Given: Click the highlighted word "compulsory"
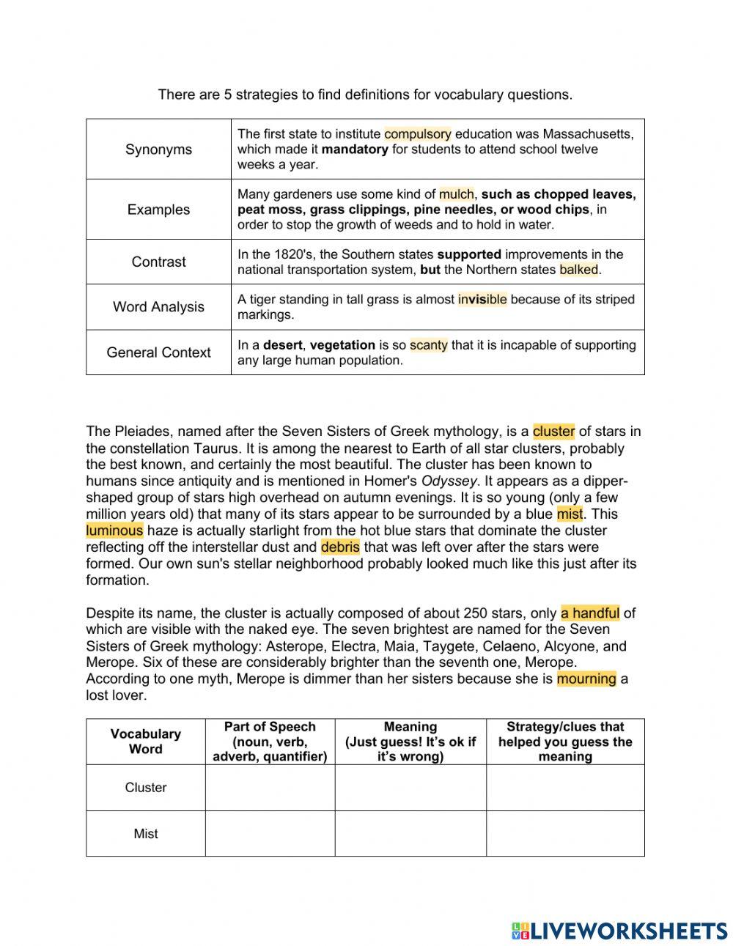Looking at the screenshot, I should pyautogui.click(x=417, y=134).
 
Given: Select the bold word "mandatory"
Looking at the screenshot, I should pyautogui.click(x=355, y=149).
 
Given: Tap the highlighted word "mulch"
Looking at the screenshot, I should pyautogui.click(x=456, y=194).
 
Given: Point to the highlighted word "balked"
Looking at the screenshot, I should pyautogui.click(x=578, y=270).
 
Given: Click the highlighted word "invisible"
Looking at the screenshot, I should pyautogui.click(x=482, y=300).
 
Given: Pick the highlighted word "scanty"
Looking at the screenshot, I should pyautogui.click(x=428, y=345).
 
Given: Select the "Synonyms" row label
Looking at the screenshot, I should pyautogui.click(x=158, y=149).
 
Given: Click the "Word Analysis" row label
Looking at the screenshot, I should pyautogui.click(x=158, y=307).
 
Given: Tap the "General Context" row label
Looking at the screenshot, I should pyautogui.click(x=158, y=352).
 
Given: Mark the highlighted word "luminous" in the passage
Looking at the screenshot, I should pyautogui.click(x=114, y=531).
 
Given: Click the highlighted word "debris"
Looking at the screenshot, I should pyautogui.click(x=340, y=547).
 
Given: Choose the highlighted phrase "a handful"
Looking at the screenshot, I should pyautogui.click(x=590, y=613).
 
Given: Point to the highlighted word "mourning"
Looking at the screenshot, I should pyautogui.click(x=586, y=679).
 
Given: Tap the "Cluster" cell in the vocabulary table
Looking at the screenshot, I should pyautogui.click(x=146, y=788).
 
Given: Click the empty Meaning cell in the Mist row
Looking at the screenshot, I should pyautogui.click(x=410, y=834).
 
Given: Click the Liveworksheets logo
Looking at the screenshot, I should pyautogui.click(x=619, y=931).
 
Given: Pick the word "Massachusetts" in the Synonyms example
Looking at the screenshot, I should pyautogui.click(x=586, y=134).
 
